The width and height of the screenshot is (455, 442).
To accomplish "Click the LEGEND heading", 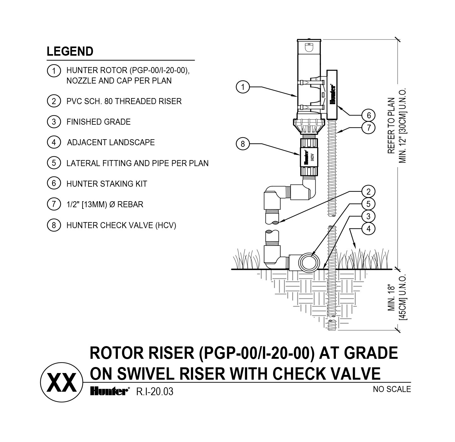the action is pyautogui.click(x=70, y=52).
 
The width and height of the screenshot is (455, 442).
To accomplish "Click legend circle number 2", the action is pyautogui.click(x=54, y=101).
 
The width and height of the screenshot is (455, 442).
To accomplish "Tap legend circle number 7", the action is pyautogui.click(x=54, y=204).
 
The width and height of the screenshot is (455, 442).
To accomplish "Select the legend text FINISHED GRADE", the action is pyautogui.click(x=99, y=122).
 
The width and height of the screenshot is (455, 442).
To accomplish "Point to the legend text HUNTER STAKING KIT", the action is pyautogui.click(x=107, y=184).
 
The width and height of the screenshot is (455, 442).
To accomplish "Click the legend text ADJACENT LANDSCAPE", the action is pyautogui.click(x=111, y=142).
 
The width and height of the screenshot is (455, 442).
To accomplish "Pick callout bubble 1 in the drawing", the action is pyautogui.click(x=243, y=87).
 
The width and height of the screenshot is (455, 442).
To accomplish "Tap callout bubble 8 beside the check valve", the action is pyautogui.click(x=243, y=144).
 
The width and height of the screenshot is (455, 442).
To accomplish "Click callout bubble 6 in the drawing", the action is pyautogui.click(x=368, y=115).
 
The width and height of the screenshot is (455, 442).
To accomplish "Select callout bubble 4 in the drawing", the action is pyautogui.click(x=368, y=228).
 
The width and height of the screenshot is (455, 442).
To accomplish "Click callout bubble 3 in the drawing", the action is pyautogui.click(x=368, y=216).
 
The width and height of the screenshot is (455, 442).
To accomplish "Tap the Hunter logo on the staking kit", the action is pyautogui.click(x=332, y=95).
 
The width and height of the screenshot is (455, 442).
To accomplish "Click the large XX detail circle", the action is pyautogui.click(x=62, y=382).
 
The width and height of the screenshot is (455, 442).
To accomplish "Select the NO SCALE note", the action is pyautogui.click(x=392, y=389).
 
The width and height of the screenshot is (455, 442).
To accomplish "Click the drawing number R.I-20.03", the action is pyautogui.click(x=155, y=391).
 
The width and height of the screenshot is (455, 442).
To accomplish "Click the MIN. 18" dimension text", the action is pyautogui.click(x=391, y=297).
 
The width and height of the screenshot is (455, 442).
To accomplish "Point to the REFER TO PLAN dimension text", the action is pyautogui.click(x=391, y=126).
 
